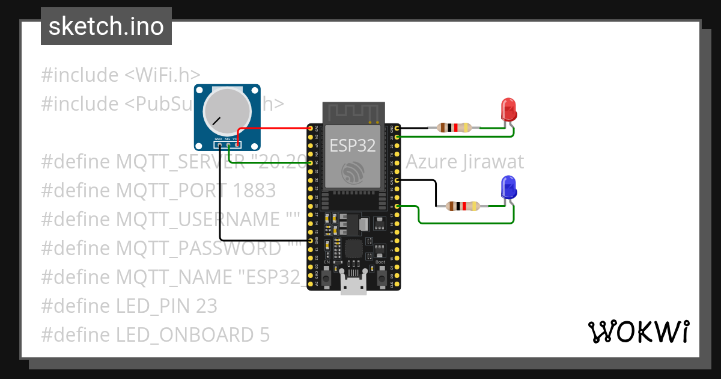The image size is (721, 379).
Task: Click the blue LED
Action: pos(508,188)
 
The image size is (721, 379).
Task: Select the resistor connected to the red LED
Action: pos(454,128)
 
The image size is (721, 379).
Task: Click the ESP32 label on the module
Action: pos(353,144)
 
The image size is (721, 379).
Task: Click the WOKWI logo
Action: pos(639,331)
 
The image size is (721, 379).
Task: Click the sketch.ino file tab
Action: pos(106,26)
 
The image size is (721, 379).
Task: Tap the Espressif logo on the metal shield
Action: pos(353,173)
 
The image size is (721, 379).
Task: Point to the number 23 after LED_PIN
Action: pos(206,306)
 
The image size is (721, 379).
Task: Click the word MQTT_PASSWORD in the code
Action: pos(199,248)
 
